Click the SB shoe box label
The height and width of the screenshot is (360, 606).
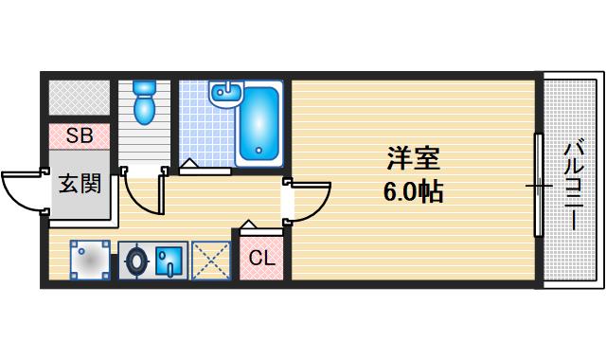(80, 136)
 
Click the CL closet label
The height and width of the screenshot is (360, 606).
(261, 256)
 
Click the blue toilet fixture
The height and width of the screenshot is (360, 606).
(144, 102)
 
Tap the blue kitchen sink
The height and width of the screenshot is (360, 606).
(171, 258)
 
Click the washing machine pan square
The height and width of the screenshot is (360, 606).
(91, 259)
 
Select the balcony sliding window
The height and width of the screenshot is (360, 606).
(539, 185)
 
